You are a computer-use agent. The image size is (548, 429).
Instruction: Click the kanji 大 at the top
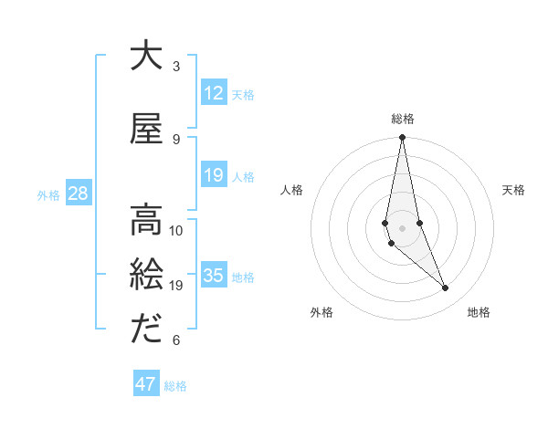(146, 56)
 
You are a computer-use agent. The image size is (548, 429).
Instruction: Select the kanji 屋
(146, 129)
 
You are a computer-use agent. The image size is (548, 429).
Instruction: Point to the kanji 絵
(146, 275)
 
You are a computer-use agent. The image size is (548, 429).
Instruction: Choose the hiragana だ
(146, 329)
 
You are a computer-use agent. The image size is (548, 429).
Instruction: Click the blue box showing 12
(213, 93)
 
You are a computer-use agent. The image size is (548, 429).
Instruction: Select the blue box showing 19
(213, 175)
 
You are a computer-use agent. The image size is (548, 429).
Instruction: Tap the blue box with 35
(213, 276)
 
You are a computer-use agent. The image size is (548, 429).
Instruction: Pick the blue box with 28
(78, 194)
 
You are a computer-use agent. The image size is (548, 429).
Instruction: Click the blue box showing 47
(146, 384)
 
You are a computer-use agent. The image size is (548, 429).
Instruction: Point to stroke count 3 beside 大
(176, 67)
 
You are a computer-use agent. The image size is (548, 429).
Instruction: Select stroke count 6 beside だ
(176, 340)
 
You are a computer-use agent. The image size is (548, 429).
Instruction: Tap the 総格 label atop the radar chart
(402, 119)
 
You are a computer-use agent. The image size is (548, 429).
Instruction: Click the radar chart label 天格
(513, 190)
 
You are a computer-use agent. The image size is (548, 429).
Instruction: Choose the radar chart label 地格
(479, 312)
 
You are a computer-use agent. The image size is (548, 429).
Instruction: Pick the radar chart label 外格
(321, 312)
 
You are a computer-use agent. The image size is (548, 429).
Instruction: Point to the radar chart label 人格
(291, 190)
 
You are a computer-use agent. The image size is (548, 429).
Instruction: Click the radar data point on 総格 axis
(402, 138)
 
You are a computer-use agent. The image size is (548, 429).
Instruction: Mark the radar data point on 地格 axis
(446, 288)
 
